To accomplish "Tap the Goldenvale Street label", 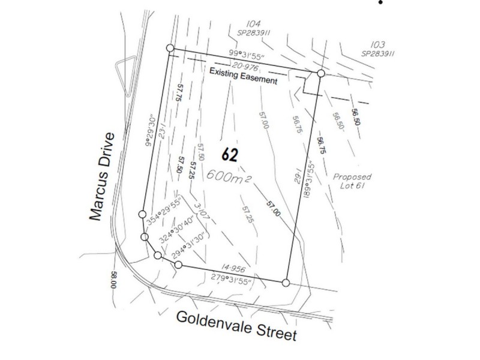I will pos(236,326).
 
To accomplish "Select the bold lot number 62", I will pos(230,155).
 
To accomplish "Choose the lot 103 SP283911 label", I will pos(377,49).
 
